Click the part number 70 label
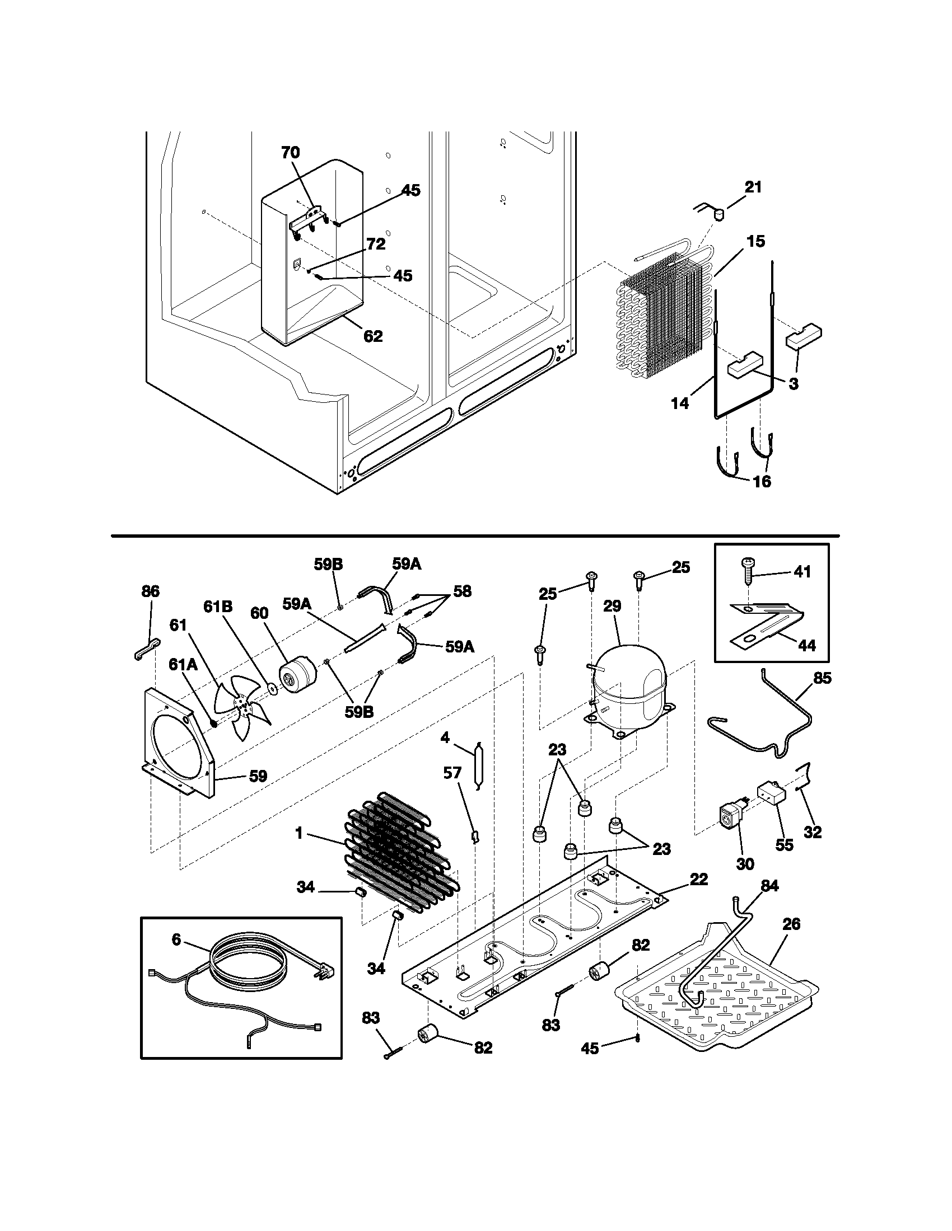click(291, 153)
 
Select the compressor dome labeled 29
click(629, 688)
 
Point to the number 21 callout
click(753, 187)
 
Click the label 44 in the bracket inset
click(807, 646)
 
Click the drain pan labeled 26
click(716, 1000)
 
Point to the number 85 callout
click(822, 678)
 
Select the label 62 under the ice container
click(373, 336)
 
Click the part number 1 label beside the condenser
click(299, 849)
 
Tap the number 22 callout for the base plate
click(698, 879)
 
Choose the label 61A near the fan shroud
click(183, 665)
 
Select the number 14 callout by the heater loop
click(680, 403)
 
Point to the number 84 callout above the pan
click(769, 886)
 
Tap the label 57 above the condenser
click(452, 773)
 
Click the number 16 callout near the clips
click(762, 481)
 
